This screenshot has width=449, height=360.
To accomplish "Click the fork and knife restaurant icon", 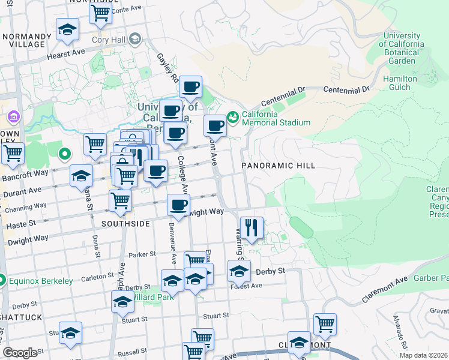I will pyautogui.click(x=251, y=228).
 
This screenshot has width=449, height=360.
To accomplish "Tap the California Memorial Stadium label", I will pyautogui.click(x=276, y=118).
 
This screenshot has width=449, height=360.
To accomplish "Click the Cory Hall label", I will pyautogui.click(x=108, y=41).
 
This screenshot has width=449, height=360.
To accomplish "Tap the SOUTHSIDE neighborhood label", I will pyautogui.click(x=125, y=223).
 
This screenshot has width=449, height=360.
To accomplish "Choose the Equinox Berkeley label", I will pyautogui.click(x=41, y=280).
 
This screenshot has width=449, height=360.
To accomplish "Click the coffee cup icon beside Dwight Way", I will pyautogui.click(x=178, y=205).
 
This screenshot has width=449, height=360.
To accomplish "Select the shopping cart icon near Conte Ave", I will pyautogui.click(x=100, y=12).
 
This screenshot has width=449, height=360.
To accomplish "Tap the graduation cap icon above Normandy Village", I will pyautogui.click(x=67, y=29).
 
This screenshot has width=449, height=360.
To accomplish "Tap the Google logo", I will pyautogui.click(x=20, y=353).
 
